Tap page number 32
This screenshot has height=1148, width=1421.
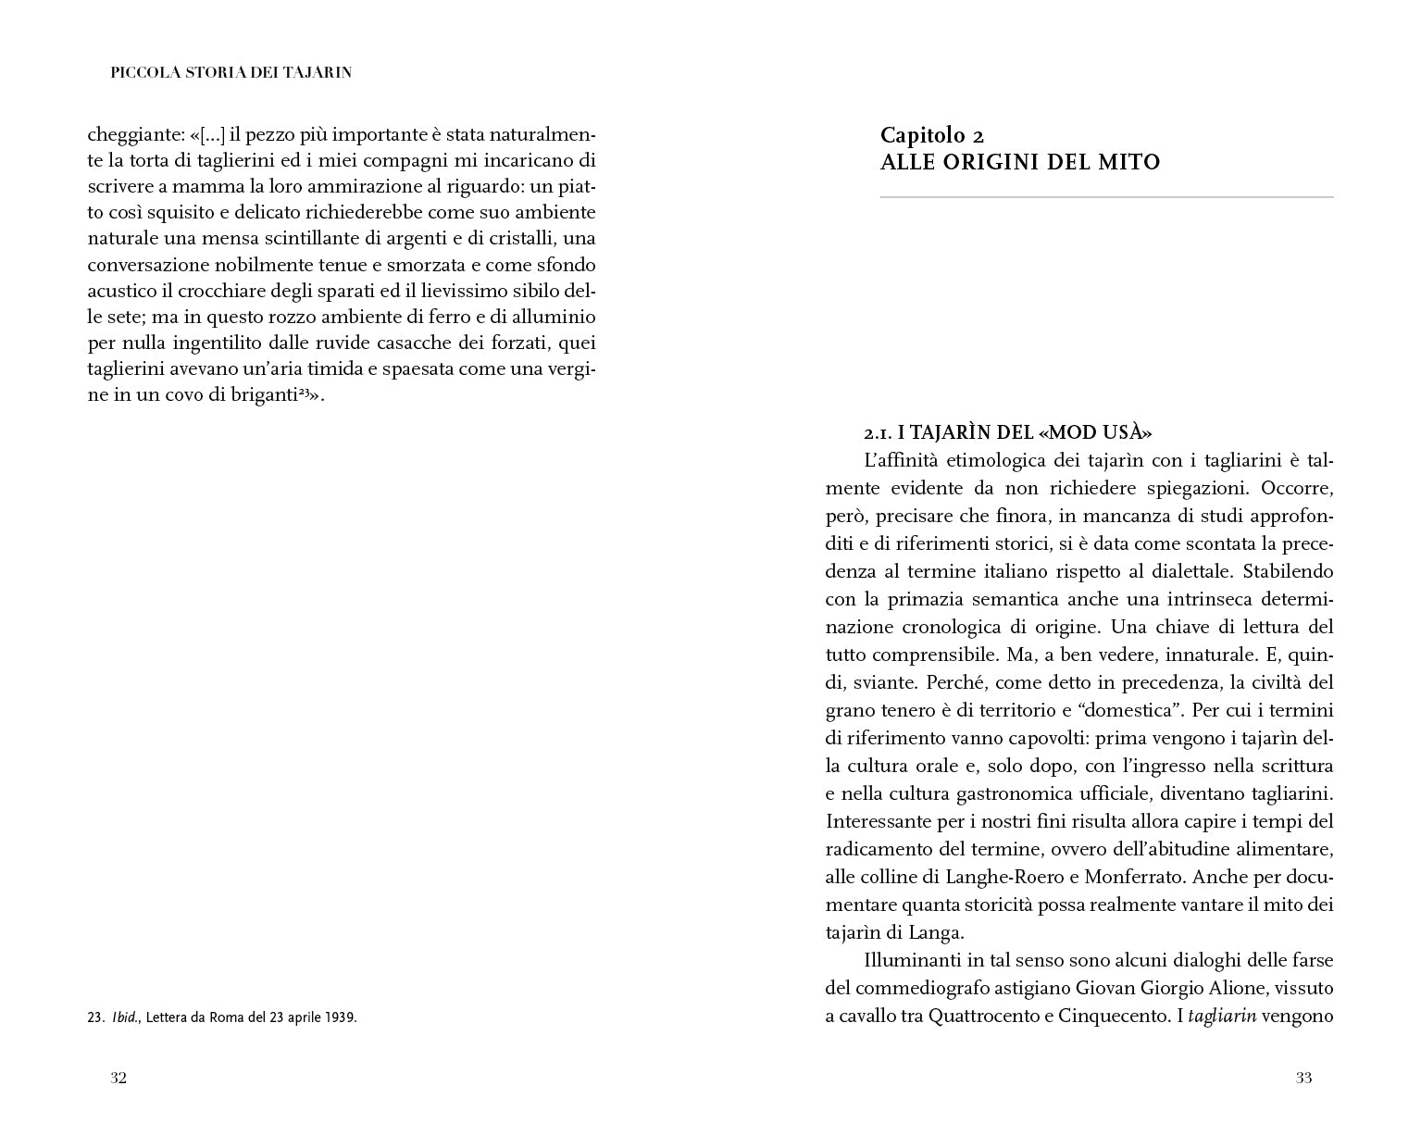[x=118, y=1078]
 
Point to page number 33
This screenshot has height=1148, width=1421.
[x=1303, y=1078]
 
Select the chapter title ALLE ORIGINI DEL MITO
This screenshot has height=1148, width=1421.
[x=1019, y=163]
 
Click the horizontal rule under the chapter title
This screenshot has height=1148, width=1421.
[x=1106, y=197]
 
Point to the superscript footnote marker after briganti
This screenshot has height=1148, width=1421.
[x=304, y=393]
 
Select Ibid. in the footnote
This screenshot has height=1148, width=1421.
[x=125, y=1017]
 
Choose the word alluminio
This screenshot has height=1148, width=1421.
[x=551, y=316]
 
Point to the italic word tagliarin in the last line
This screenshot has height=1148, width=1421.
[x=1221, y=1016]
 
